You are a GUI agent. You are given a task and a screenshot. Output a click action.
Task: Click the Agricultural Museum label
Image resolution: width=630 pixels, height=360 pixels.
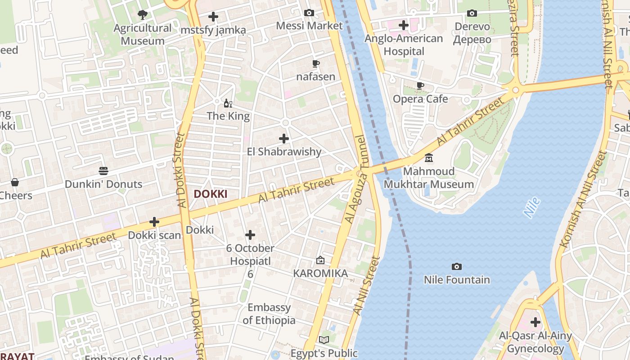[143, 34]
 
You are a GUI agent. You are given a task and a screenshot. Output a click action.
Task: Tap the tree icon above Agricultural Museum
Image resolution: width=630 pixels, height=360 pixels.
[143, 15]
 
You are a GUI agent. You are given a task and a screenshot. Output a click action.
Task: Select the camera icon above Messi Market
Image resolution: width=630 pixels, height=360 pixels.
[309, 13]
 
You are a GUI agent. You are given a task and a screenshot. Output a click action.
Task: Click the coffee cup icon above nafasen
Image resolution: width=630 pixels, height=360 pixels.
[315, 64]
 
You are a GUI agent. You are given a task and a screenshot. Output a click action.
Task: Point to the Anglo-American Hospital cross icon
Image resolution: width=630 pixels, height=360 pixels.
[404, 25]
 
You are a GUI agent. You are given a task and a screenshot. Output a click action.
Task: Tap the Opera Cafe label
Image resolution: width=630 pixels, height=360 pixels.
[420, 99]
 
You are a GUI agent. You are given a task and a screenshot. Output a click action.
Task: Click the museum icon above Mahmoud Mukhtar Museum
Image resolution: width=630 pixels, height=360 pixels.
[429, 158]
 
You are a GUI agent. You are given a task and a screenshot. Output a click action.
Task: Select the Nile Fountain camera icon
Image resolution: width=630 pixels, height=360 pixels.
[457, 267]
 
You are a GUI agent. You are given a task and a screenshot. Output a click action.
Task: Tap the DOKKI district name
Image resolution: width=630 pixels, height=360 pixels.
[210, 194]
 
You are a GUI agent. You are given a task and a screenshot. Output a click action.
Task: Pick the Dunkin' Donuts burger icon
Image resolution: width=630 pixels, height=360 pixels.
[103, 171]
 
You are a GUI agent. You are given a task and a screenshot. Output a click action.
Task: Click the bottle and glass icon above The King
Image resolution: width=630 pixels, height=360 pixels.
[228, 103]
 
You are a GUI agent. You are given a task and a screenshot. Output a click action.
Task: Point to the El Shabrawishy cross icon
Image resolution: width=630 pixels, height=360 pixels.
[284, 139]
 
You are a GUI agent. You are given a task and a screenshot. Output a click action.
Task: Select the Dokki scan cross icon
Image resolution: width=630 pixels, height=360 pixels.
[154, 222]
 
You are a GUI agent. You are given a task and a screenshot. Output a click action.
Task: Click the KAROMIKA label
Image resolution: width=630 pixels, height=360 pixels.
[320, 274]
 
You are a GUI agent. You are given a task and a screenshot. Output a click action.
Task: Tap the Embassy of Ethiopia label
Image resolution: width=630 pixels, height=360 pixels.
[269, 314]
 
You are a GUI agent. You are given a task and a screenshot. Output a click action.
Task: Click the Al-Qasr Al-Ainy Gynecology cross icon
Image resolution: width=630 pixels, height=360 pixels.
[535, 322]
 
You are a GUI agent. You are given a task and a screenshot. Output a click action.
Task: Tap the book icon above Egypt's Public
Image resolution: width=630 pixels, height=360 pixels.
[324, 340]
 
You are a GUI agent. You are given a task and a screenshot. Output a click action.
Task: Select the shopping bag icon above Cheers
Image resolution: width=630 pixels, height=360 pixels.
[15, 182]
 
